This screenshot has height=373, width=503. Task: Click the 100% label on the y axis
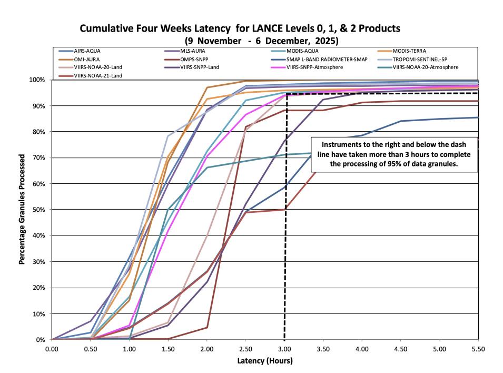(39, 80)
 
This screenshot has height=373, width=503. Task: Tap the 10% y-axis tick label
(41, 313)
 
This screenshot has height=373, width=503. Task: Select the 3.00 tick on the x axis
(284, 349)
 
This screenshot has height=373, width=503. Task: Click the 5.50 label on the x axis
(478, 349)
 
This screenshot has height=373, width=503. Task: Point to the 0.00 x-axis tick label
(52, 349)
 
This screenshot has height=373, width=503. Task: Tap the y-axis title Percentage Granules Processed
(22, 209)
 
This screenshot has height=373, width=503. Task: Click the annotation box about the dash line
(394, 154)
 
